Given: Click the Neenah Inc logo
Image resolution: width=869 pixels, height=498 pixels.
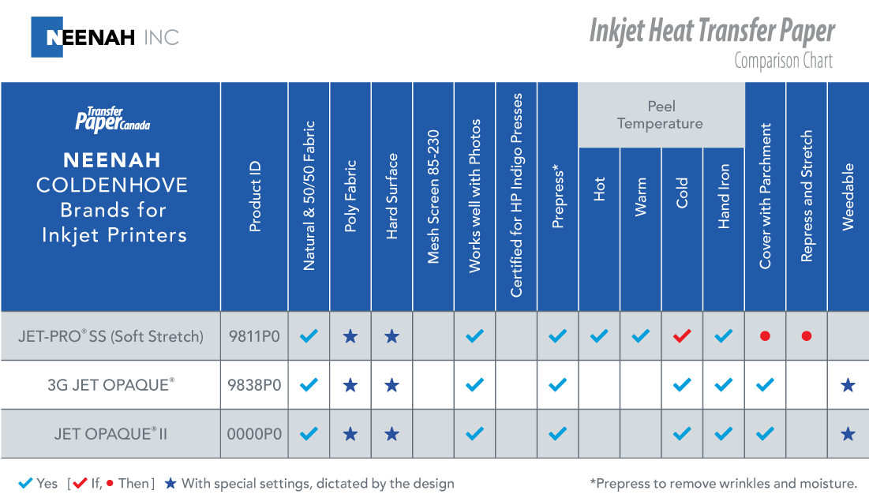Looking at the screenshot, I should (x=105, y=37).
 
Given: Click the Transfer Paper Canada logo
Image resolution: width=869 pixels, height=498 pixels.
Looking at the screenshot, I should (x=111, y=119).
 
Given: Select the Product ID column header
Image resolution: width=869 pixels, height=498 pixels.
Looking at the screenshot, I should (x=255, y=197).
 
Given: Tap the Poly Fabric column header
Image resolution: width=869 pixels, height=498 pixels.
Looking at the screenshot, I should (x=350, y=197).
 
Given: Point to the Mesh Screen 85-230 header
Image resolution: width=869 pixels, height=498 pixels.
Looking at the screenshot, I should (x=433, y=197).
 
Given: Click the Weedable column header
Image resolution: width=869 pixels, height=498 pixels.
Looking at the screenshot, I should (x=848, y=197).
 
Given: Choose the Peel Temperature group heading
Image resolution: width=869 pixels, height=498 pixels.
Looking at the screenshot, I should (x=661, y=115).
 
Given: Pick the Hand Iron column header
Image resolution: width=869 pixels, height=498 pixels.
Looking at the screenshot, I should (x=724, y=197).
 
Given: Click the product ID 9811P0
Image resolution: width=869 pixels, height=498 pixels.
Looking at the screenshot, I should (x=254, y=336).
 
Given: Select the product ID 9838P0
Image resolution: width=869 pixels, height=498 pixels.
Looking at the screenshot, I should (x=254, y=385).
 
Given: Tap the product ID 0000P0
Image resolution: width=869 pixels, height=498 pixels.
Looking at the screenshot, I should (x=254, y=434).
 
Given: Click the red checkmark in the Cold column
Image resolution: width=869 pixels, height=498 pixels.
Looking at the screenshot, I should (x=682, y=336).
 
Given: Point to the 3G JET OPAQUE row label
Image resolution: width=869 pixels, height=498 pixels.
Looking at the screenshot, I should (x=110, y=385).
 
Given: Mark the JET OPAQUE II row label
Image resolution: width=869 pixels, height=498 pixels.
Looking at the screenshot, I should (x=110, y=434).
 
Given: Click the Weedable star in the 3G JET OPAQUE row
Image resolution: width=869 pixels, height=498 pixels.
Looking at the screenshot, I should (x=848, y=385).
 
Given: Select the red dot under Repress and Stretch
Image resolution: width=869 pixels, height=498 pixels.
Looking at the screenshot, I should (x=806, y=336).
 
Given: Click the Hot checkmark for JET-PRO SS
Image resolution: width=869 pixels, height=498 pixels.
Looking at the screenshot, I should (x=599, y=336).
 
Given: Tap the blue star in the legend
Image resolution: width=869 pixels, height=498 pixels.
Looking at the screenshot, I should (x=170, y=483).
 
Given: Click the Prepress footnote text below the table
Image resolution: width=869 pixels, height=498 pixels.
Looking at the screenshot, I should (x=723, y=483).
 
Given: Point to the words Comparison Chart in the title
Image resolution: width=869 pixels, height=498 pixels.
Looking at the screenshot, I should (x=783, y=61).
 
